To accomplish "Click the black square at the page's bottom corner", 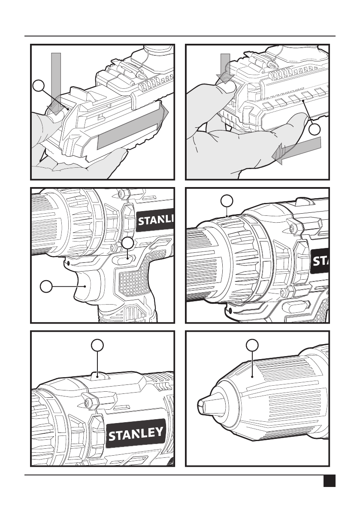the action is point(330,481).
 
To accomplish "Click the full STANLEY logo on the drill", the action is point(136,433).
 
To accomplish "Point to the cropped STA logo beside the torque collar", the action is point(320,261).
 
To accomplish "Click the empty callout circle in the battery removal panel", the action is point(39,86).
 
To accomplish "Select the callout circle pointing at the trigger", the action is point(46,286).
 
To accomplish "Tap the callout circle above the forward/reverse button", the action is point(128,243).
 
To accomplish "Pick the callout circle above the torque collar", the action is point(227,201).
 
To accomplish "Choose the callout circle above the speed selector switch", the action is point(97,345).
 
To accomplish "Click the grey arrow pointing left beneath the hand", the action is point(296,149).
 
